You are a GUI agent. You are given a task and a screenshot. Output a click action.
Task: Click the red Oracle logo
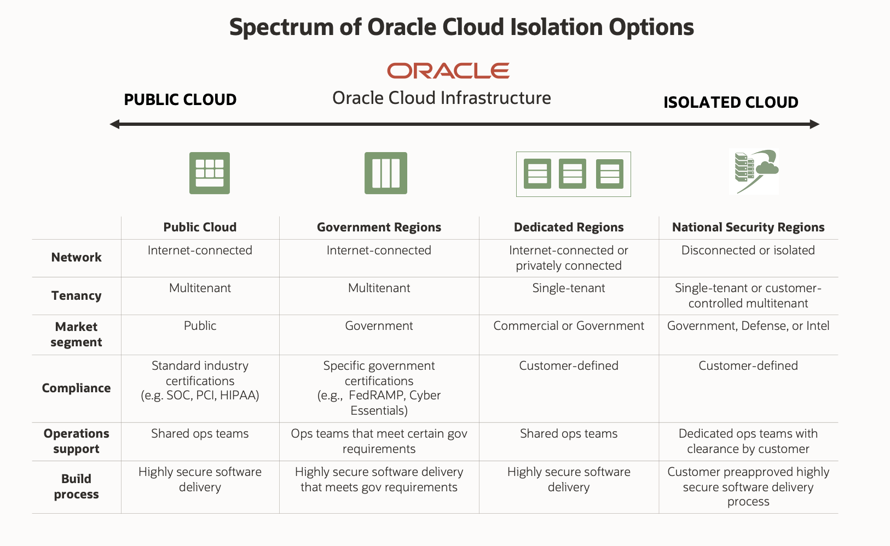click(448, 71)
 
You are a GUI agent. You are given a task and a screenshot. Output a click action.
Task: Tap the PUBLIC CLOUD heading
click(180, 100)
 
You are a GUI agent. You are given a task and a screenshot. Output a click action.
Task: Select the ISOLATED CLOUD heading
click(731, 102)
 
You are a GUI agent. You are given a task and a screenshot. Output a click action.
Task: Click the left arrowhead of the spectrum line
click(114, 124)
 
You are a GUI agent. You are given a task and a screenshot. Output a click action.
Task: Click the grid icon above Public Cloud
click(210, 173)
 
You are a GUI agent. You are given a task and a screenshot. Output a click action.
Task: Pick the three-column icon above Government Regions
click(386, 173)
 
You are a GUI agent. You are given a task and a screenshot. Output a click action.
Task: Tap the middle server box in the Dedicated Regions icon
click(573, 173)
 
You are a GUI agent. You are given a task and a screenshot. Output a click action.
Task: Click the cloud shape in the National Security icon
click(767, 166)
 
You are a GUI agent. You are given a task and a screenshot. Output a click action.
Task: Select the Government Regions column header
click(379, 227)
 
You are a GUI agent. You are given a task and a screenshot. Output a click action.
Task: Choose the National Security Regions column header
click(748, 227)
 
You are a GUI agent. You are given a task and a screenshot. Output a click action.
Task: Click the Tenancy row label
click(77, 295)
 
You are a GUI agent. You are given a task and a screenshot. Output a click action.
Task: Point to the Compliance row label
click(77, 388)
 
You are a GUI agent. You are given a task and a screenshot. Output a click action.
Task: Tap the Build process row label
click(77, 486)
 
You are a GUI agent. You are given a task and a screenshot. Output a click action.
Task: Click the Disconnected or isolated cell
click(748, 250)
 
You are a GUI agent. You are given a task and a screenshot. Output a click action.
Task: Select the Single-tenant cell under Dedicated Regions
click(569, 288)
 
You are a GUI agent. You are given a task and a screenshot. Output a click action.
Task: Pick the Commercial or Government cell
click(569, 326)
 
